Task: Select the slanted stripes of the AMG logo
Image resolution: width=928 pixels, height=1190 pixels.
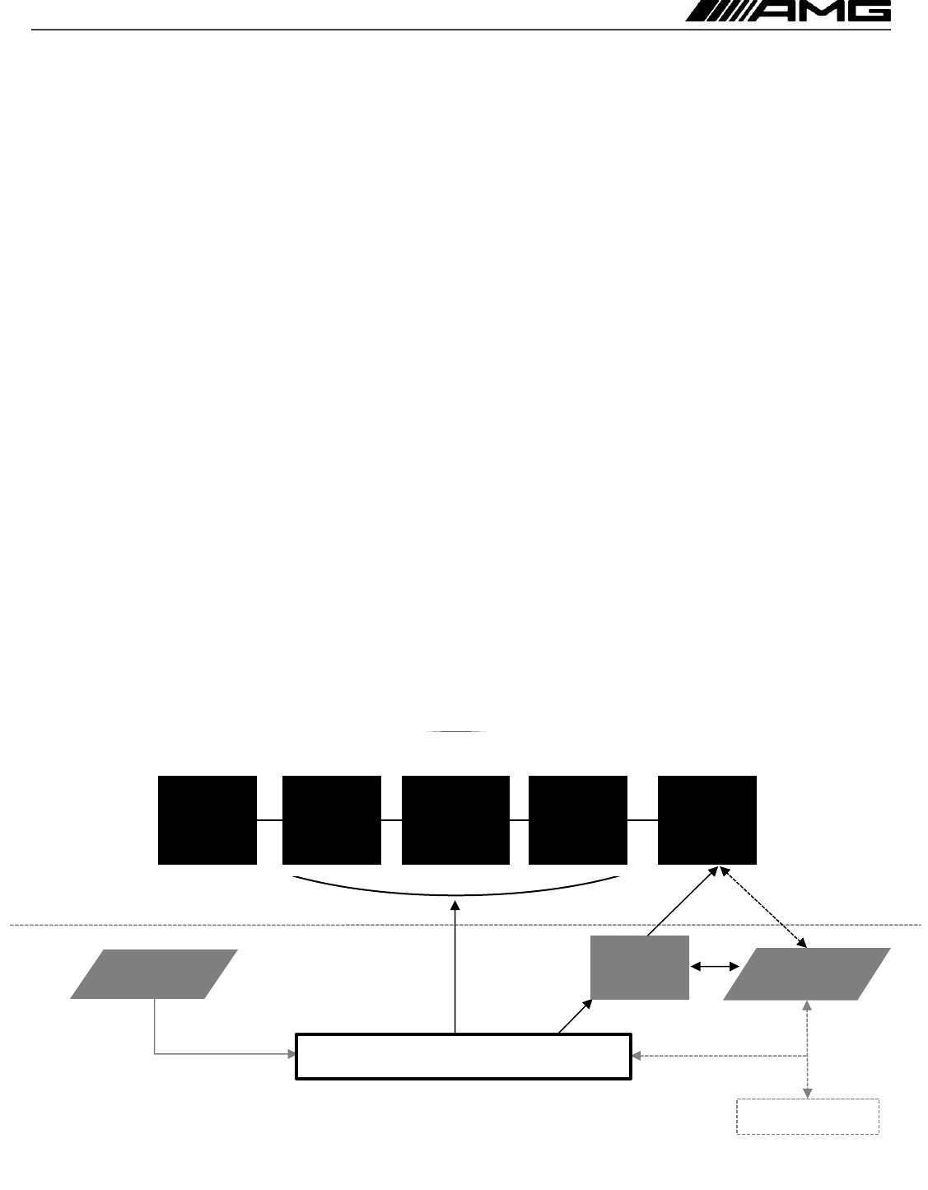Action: pos(717,11)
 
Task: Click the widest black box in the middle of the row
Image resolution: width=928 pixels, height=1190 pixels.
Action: pos(455,819)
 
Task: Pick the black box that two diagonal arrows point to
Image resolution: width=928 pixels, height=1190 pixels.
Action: pos(706,819)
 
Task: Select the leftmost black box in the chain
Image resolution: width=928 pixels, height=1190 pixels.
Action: pos(207,819)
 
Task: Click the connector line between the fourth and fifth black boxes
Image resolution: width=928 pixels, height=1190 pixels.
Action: pos(642,820)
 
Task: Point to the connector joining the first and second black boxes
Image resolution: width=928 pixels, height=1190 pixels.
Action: pos(269,820)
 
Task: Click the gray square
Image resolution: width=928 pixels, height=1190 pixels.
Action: pos(640,967)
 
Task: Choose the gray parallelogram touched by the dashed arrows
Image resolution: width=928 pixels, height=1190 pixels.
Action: pos(806,974)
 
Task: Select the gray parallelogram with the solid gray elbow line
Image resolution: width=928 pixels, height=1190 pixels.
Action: pos(154,974)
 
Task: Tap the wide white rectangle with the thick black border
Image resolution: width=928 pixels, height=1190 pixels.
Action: pos(464,1055)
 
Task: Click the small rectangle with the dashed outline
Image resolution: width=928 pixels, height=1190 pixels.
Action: pos(808,1116)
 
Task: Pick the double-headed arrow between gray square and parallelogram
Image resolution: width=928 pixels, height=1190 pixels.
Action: pos(715,968)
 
